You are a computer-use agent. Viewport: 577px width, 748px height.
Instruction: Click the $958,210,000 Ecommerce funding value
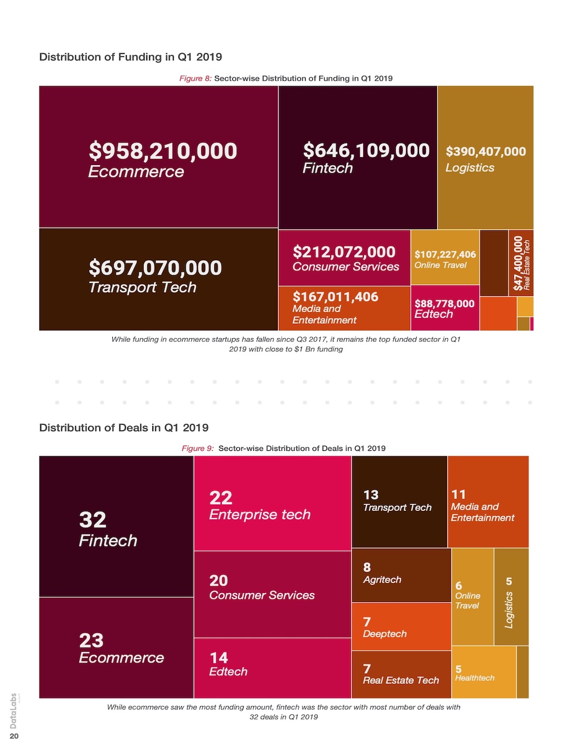(163, 151)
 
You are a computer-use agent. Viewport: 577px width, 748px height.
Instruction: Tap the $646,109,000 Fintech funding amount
(366, 151)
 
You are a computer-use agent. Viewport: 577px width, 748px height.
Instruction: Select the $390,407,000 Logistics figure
(486, 152)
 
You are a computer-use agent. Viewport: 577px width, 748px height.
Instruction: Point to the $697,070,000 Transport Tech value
(155, 268)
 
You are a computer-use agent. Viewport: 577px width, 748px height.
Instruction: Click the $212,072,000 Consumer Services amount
(344, 252)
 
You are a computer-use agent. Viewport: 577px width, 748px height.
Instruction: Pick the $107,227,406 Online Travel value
(445, 255)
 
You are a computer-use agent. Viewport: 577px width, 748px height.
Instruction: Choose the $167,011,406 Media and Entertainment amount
(336, 297)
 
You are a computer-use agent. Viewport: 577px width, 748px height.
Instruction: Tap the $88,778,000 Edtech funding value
(445, 304)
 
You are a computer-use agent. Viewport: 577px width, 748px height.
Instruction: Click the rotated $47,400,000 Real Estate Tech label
(518, 263)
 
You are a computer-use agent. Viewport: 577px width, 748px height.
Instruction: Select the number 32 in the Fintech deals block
(93, 520)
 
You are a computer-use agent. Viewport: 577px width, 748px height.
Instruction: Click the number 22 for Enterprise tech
(221, 498)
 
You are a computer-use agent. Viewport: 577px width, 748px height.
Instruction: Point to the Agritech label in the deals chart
(382, 580)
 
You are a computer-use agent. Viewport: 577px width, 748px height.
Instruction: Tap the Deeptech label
(385, 634)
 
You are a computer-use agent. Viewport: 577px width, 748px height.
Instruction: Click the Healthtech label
(474, 678)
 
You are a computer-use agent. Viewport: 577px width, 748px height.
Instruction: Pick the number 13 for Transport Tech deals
(371, 495)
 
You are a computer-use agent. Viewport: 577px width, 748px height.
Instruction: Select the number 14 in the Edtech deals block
(219, 658)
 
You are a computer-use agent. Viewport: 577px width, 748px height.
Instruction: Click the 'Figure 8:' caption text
(196, 79)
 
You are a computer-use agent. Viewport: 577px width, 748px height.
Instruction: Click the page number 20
(14, 736)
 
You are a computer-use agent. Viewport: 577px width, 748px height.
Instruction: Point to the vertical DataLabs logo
(13, 711)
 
